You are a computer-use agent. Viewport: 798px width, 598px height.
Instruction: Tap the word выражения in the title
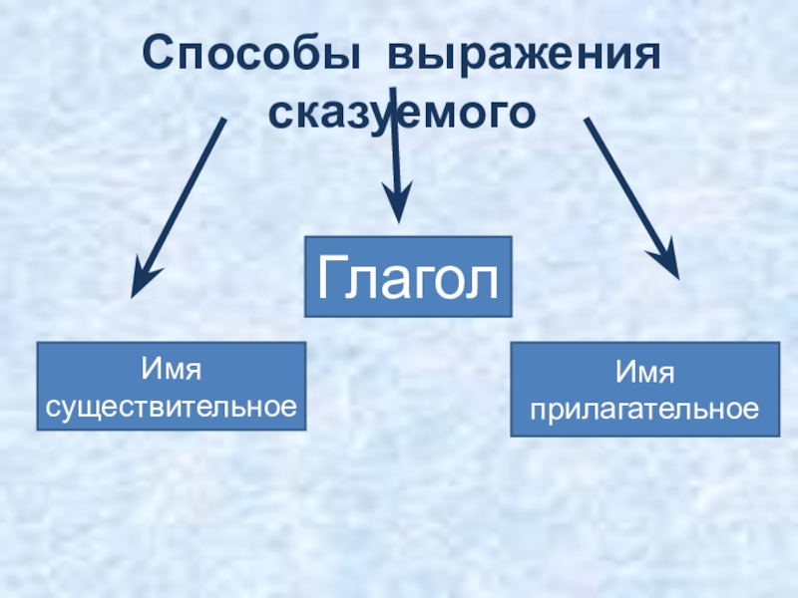pos(525,54)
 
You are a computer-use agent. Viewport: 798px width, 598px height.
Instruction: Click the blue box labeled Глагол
pos(407,277)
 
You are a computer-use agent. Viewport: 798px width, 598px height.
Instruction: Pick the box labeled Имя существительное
pos(171,387)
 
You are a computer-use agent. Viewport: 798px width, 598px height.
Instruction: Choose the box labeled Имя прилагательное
pos(644,390)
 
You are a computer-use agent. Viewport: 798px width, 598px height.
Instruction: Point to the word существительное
pos(172,406)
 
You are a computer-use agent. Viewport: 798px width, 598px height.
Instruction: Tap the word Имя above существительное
pos(172,371)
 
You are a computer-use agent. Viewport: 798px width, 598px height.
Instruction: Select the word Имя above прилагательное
pos(644,374)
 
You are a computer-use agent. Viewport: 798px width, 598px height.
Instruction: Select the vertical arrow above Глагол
pos(396,169)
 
